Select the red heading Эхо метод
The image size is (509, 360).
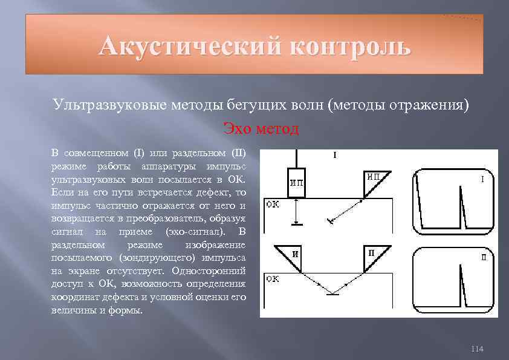261,128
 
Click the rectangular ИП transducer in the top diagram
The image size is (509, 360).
297,183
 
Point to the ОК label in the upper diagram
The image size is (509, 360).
273,205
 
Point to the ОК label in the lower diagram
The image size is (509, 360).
273,279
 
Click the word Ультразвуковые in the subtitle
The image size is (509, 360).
97,105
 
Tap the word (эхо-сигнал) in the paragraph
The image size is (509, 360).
196,232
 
